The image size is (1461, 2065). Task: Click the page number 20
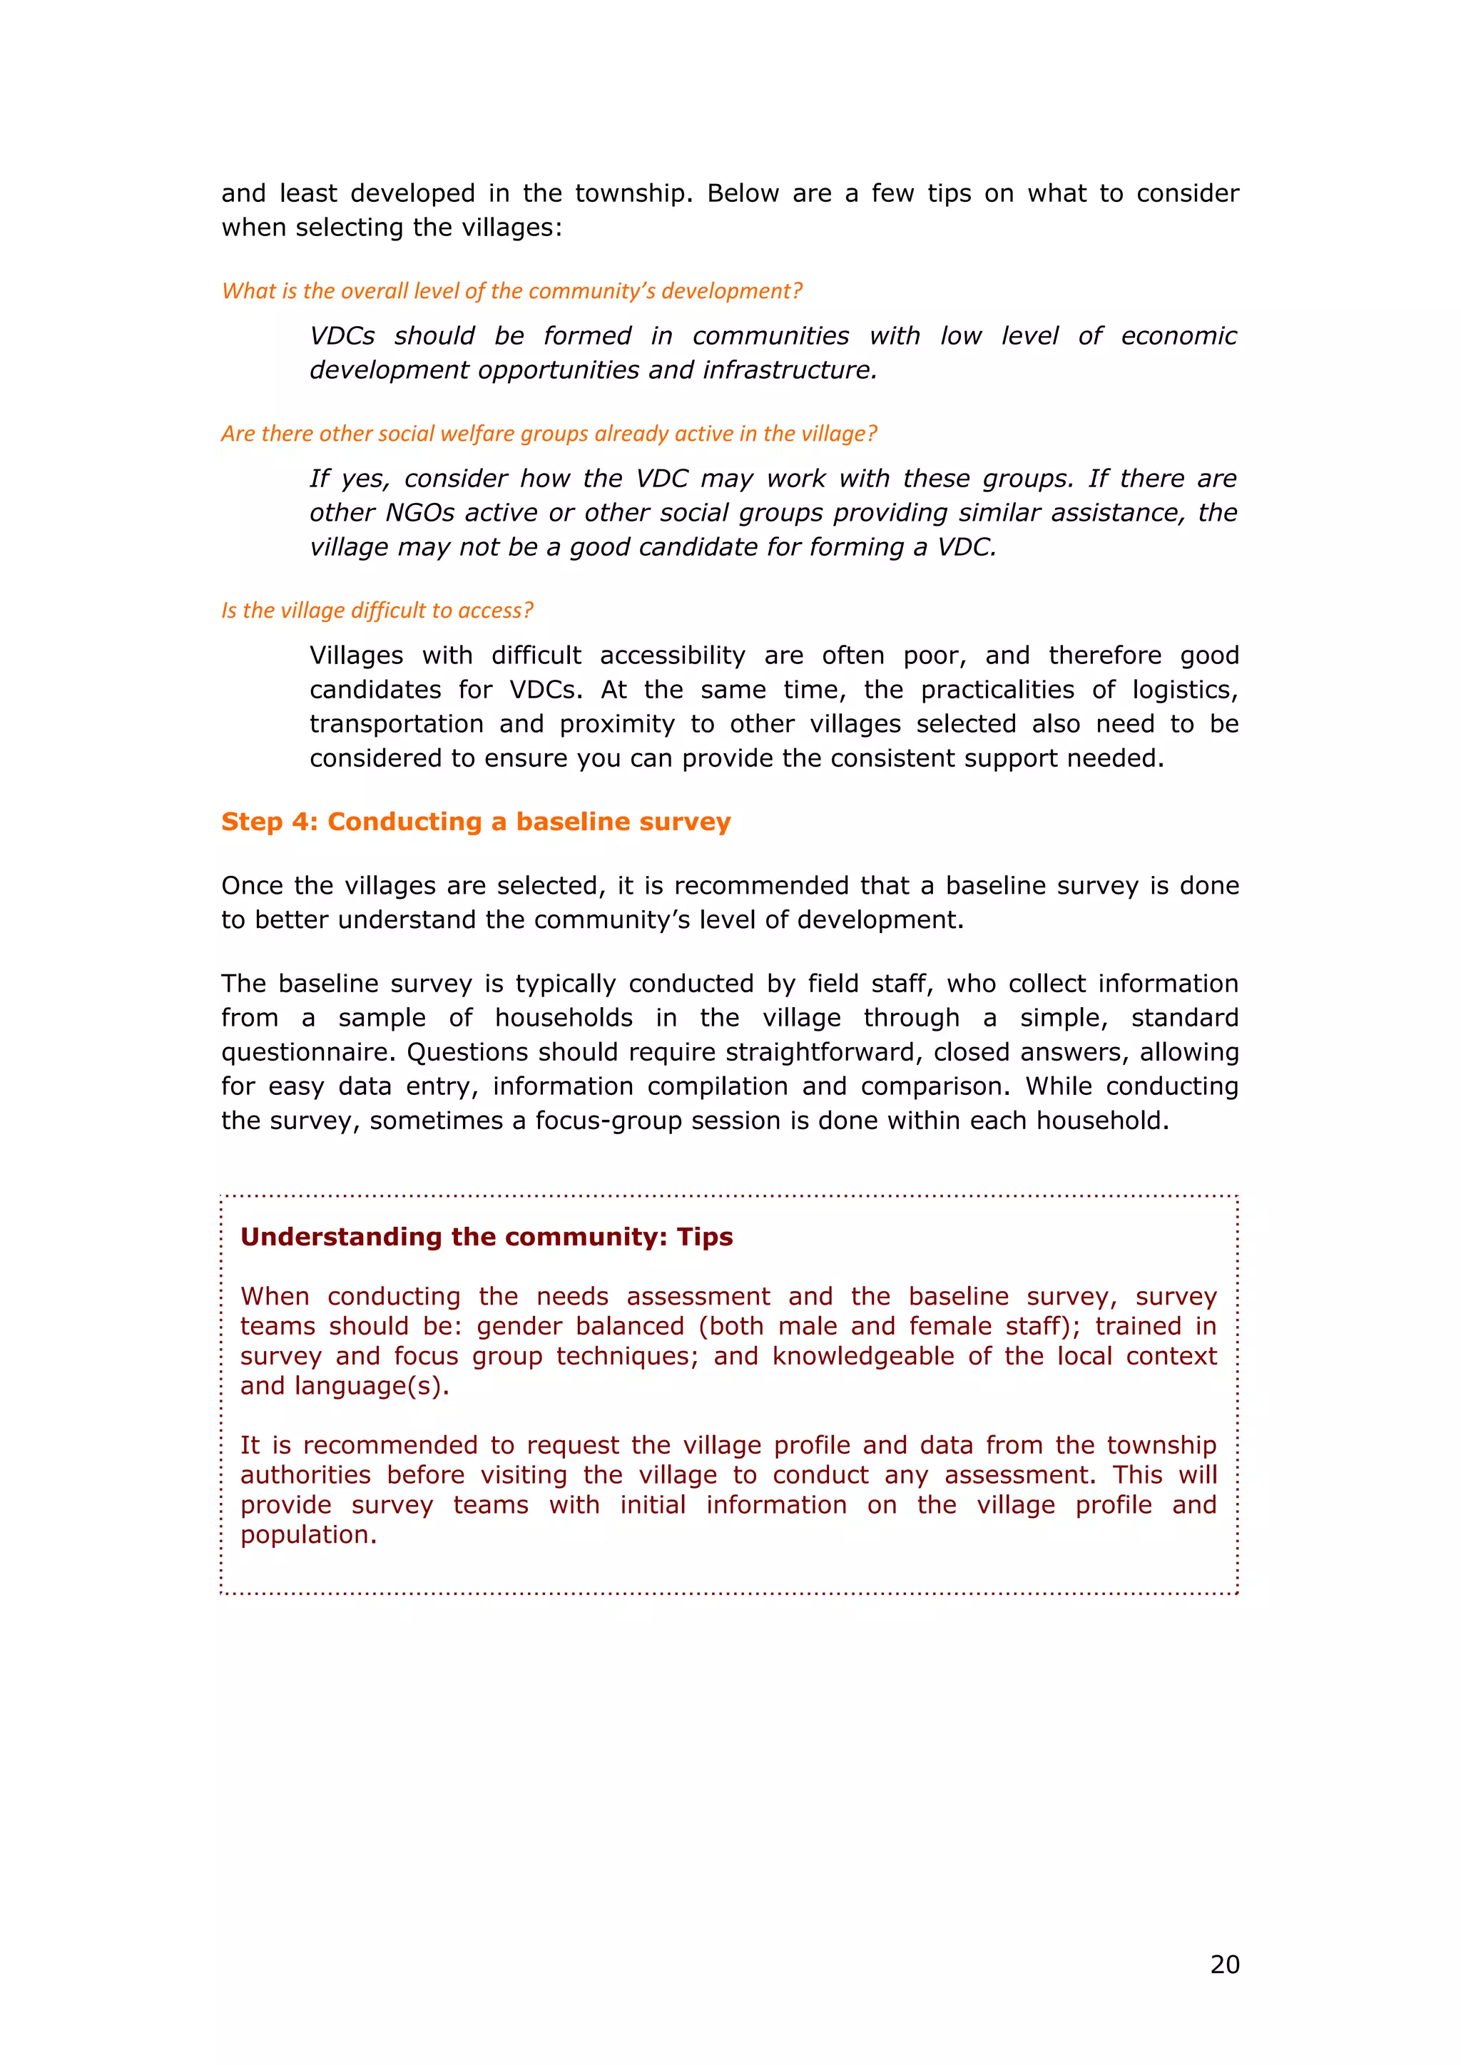pos(1224,1964)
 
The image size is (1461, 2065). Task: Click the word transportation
pos(396,724)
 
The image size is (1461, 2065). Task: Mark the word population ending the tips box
pos(307,1534)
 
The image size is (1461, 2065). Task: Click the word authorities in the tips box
pos(305,1475)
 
